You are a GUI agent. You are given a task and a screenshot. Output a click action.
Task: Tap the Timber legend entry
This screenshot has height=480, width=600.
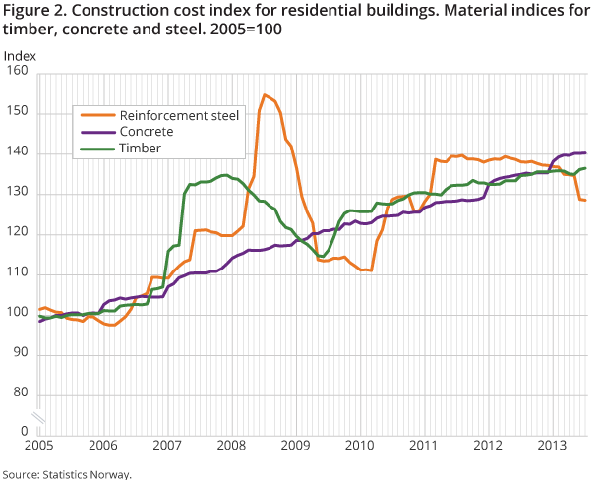(140, 148)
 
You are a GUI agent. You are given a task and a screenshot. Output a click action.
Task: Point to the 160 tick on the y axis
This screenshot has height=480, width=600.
(17, 72)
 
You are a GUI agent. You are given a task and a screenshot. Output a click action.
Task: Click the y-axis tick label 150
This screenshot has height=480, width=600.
(17, 112)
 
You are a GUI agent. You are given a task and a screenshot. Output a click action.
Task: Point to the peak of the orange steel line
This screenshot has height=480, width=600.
(265, 95)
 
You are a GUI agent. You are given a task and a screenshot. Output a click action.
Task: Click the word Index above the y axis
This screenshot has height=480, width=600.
(20, 54)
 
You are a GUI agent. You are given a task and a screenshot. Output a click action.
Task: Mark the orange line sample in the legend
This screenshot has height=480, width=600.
(95, 115)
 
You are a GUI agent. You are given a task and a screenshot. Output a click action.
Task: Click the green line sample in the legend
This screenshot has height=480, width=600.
(95, 148)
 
